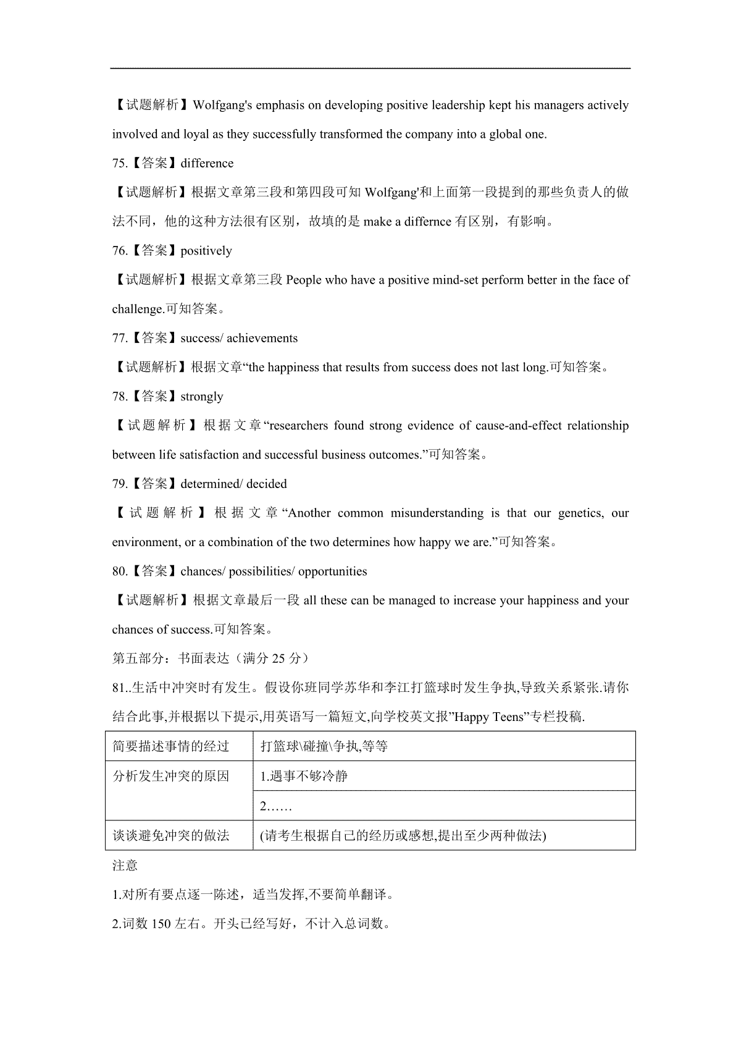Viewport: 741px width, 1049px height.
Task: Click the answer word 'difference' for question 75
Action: click(207, 164)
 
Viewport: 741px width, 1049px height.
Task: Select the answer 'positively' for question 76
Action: click(206, 251)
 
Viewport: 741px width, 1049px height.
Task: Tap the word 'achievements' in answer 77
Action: click(262, 339)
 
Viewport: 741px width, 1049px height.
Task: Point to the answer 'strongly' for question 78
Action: click(202, 397)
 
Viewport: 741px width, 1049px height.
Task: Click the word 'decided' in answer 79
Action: click(267, 484)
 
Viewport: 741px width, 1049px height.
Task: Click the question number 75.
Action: click(119, 164)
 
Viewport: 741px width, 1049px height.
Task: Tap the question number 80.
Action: click(119, 571)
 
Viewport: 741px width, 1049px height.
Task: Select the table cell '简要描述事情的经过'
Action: click(171, 746)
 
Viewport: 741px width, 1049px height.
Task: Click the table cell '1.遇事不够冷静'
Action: click(304, 776)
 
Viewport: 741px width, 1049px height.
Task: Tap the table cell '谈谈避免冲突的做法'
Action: click(171, 836)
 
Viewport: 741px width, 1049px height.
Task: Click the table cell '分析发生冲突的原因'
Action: click(171, 777)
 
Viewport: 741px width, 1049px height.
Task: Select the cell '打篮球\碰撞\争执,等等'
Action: click(324, 746)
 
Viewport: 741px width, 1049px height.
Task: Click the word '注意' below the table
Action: click(125, 866)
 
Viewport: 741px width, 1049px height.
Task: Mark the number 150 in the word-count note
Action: click(161, 925)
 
